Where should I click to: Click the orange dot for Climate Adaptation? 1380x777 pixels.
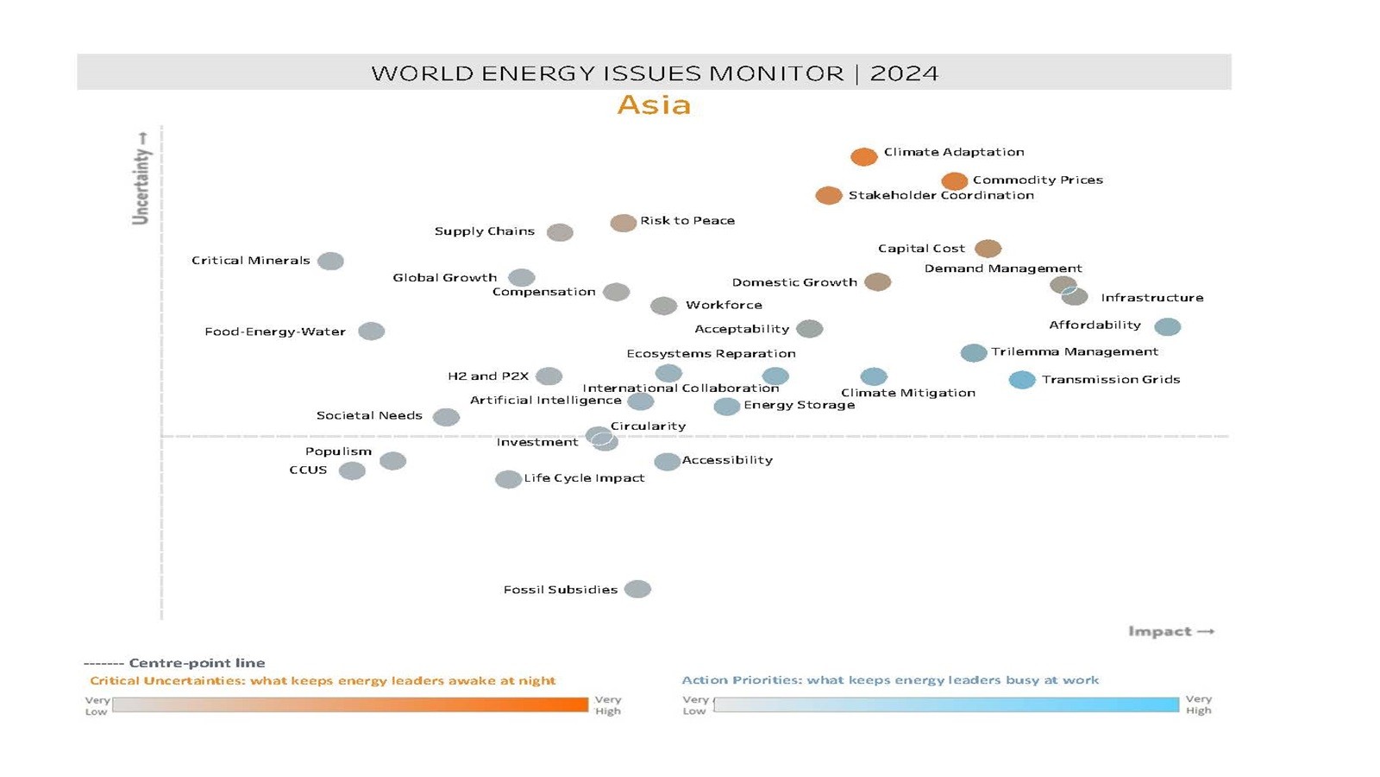[x=863, y=156]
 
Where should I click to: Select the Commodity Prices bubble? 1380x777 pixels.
[x=954, y=181]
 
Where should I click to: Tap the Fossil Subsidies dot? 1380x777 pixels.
[x=637, y=590]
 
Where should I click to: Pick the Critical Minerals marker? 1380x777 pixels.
[x=330, y=261]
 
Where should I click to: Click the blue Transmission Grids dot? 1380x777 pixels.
[x=1022, y=380]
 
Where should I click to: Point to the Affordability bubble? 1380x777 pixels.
[x=1167, y=326]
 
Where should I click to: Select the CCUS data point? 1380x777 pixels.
[x=352, y=471]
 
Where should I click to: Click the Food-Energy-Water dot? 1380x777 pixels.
[x=371, y=332]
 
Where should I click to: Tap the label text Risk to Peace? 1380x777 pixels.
[x=687, y=221]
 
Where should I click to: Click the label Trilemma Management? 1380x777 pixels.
[x=1074, y=351]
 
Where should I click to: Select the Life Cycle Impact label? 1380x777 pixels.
[x=584, y=478]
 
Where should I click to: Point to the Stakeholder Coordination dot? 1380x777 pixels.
[x=829, y=196]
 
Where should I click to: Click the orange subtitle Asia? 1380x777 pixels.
[x=654, y=105]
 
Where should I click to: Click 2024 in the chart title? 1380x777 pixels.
[x=904, y=73]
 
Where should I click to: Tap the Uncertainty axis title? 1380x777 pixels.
[x=141, y=179]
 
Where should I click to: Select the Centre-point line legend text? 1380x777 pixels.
[x=197, y=663]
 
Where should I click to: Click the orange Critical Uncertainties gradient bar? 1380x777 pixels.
[x=350, y=705]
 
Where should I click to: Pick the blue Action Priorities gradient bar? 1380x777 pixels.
[x=946, y=704]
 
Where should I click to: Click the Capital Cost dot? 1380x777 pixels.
[x=988, y=249]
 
